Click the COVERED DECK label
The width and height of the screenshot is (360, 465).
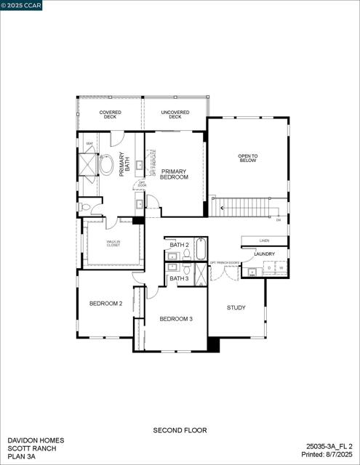pos(111,115)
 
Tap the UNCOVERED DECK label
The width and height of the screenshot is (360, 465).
pos(175,115)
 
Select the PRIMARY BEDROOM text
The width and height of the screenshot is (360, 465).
pos(175,174)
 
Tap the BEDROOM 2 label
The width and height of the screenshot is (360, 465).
pos(105,303)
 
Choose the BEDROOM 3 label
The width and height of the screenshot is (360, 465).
pos(176,319)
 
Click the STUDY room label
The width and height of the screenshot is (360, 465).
pos(236,307)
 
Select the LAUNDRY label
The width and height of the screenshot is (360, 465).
pos(264,254)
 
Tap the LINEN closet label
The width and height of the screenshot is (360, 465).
pos(264,240)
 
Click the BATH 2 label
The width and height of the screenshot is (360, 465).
pos(179,246)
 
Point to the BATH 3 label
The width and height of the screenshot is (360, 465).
pos(179,278)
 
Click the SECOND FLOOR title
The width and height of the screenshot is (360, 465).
pos(179,430)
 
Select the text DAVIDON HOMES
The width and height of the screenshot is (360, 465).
pos(36,440)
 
